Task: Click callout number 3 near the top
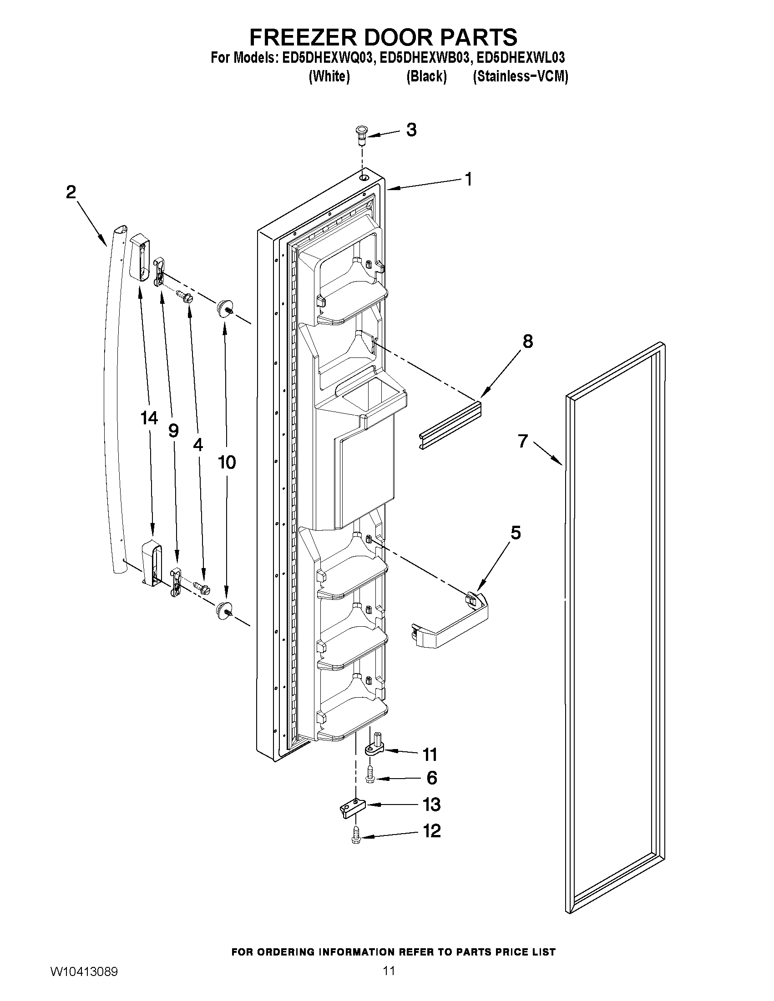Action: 411,130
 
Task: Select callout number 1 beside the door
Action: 468,179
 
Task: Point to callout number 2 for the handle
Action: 71,192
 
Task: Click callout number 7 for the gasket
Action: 523,441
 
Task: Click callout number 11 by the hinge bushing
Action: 430,754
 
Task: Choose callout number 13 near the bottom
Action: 431,805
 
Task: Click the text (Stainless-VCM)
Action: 521,76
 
